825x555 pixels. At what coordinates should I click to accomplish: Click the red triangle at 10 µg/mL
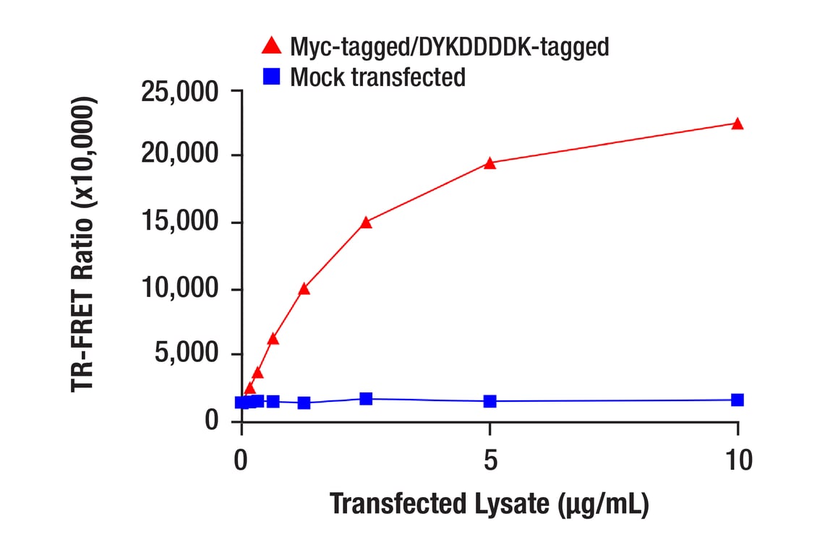[x=738, y=124]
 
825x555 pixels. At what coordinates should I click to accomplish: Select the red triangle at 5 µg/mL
[x=490, y=163]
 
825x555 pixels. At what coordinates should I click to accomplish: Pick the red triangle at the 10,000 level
[x=304, y=289]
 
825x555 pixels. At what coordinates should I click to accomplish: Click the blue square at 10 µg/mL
[x=738, y=400]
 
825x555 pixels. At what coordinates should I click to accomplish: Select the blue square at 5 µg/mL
[x=490, y=401]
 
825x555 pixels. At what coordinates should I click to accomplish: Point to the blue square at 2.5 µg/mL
[x=366, y=399]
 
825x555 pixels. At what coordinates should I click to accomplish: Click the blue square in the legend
[x=272, y=76]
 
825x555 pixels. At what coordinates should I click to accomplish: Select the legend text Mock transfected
[x=377, y=77]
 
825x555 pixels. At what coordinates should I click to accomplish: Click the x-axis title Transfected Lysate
[x=489, y=504]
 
